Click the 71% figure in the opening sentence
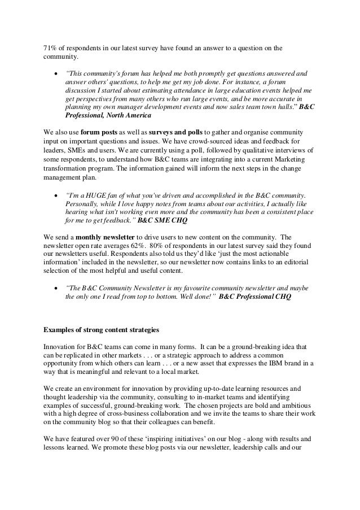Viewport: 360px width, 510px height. [51, 47]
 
